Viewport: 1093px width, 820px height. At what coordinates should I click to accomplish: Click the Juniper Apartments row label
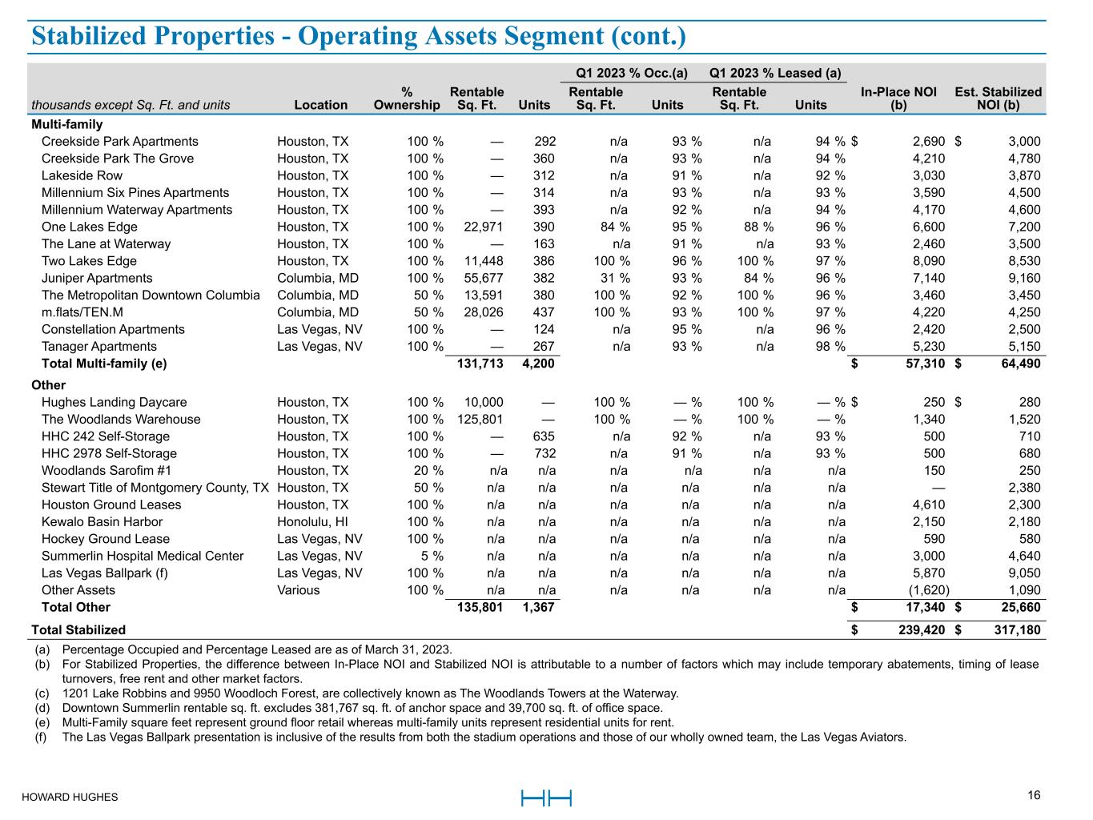(x=97, y=278)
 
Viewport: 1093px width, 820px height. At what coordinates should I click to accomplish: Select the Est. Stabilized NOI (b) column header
(x=998, y=98)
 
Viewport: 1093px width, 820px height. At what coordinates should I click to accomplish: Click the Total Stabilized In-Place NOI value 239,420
(x=918, y=630)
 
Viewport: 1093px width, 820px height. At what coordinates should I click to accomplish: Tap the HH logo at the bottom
(x=546, y=798)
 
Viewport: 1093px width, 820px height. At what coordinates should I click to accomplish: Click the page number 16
(x=1034, y=795)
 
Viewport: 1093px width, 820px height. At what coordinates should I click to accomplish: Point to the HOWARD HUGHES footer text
(x=70, y=797)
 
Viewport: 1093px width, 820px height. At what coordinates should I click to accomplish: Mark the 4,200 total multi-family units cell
(x=538, y=364)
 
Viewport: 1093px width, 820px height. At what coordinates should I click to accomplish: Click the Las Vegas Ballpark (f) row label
(x=105, y=573)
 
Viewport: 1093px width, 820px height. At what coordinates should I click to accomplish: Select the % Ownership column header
(x=407, y=98)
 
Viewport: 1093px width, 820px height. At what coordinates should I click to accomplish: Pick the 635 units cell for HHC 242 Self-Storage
(x=544, y=436)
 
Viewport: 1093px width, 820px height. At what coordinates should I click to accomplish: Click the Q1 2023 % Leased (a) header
(x=775, y=73)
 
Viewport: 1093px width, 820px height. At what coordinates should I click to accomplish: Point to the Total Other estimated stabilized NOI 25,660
(x=1018, y=607)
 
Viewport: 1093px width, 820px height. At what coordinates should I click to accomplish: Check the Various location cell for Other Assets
(x=298, y=590)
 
